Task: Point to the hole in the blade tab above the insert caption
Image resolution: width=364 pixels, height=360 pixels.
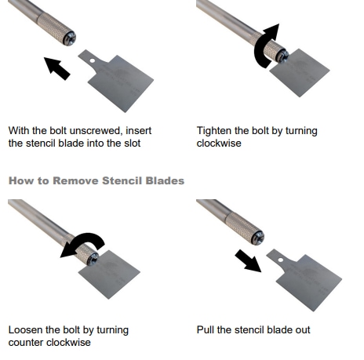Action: [92, 59]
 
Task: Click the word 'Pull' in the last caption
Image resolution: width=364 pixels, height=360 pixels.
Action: [206, 330]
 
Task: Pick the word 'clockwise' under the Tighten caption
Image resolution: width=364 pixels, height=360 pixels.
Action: [221, 144]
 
